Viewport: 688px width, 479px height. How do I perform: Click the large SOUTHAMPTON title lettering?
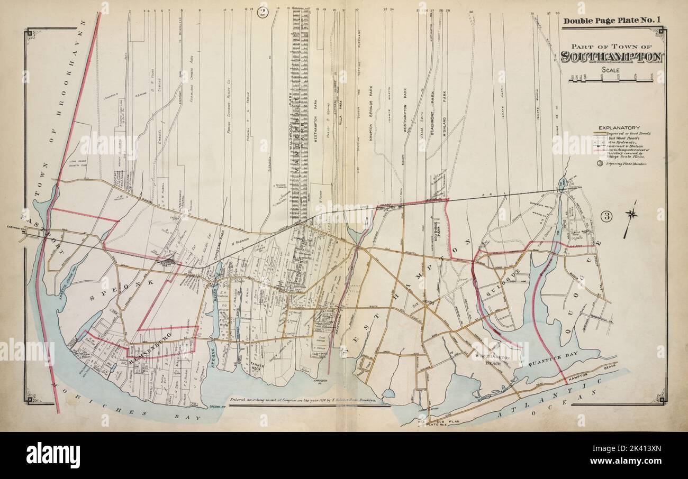click(611, 57)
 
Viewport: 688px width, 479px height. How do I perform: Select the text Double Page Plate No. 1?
click(612, 21)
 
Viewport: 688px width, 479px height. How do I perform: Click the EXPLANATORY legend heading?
click(619, 127)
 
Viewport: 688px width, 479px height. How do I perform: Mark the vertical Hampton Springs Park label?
click(372, 111)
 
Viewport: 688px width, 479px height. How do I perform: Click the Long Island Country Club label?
click(76, 159)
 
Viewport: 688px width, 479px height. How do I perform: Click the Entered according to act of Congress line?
click(303, 400)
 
